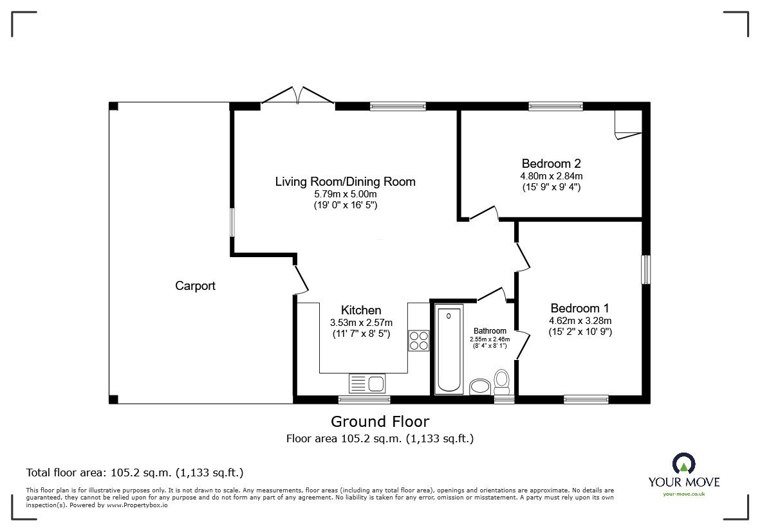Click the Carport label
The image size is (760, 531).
195,286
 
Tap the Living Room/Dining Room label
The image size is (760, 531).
345,181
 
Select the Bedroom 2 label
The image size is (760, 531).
551,163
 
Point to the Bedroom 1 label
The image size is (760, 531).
579,308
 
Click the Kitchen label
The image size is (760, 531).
361,310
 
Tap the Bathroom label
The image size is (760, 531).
490,331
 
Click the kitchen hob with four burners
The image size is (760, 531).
418,340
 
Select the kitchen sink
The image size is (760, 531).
367,383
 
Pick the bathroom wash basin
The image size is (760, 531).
479,386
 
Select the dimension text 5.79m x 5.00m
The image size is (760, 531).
345,194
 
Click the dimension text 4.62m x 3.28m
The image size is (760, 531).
580,321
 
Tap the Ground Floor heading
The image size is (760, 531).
380,422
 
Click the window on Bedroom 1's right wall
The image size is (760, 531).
645,269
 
